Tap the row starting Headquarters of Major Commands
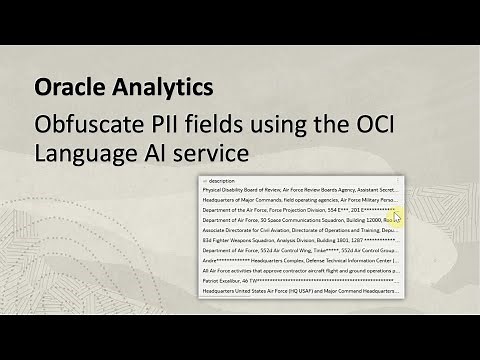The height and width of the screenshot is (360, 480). click(300, 200)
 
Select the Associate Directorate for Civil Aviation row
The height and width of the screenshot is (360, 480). click(300, 231)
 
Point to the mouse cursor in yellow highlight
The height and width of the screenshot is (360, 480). click(396, 217)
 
